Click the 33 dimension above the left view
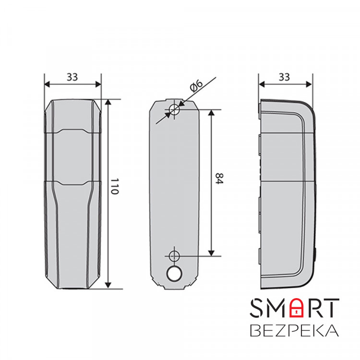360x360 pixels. (x=72, y=76)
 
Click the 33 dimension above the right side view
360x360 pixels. (x=285, y=76)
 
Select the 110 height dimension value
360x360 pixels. (x=114, y=186)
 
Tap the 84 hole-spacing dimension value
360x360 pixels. (x=219, y=181)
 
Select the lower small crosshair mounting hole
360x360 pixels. (x=174, y=254)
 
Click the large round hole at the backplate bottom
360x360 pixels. (x=174, y=274)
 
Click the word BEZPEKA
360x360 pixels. (x=294, y=331)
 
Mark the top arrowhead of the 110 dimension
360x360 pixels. (x=108, y=102)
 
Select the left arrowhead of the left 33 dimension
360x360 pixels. (x=47, y=84)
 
